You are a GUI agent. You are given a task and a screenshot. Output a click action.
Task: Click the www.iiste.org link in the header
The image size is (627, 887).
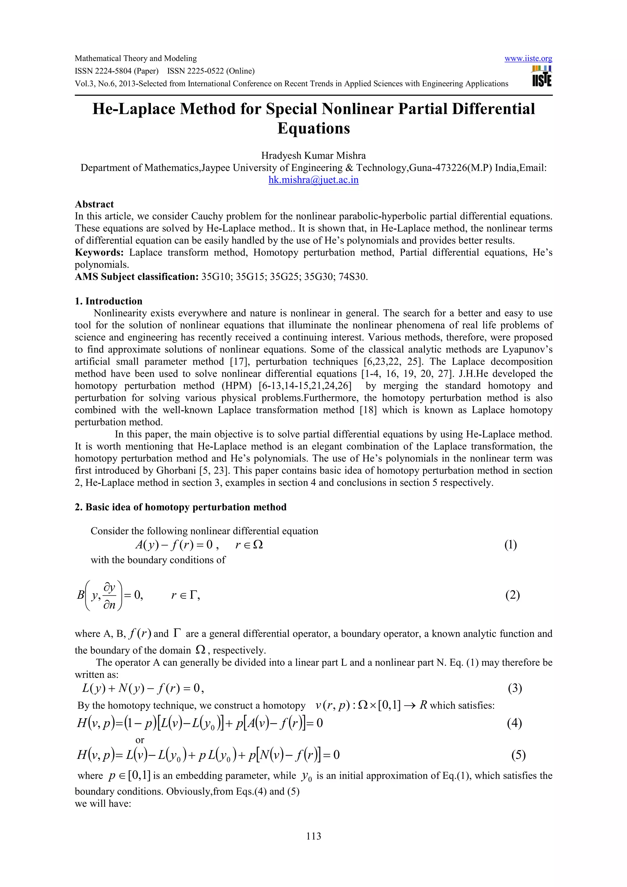point(528,58)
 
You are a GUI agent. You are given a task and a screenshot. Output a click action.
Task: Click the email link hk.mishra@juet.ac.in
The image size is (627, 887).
point(313,180)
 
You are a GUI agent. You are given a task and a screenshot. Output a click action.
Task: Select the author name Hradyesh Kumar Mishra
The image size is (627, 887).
point(313,156)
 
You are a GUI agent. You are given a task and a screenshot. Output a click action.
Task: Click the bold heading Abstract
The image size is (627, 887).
point(94,204)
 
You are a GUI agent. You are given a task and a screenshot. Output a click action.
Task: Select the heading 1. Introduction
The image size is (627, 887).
point(109,301)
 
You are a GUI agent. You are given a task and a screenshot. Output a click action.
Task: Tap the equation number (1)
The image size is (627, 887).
point(510,545)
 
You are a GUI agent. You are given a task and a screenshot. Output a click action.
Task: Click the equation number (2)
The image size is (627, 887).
point(512,595)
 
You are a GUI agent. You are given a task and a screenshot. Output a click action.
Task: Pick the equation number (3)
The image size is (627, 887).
point(515,688)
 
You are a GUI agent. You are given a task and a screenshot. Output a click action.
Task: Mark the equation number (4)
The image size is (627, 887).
point(514,723)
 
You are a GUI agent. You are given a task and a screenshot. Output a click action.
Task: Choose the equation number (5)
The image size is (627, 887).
point(518,755)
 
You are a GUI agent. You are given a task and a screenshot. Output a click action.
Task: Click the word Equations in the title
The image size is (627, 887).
point(313,128)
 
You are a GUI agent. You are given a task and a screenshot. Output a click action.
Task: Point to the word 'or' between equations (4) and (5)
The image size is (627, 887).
point(140,740)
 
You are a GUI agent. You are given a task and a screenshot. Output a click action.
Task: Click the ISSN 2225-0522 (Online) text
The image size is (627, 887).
point(211,71)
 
